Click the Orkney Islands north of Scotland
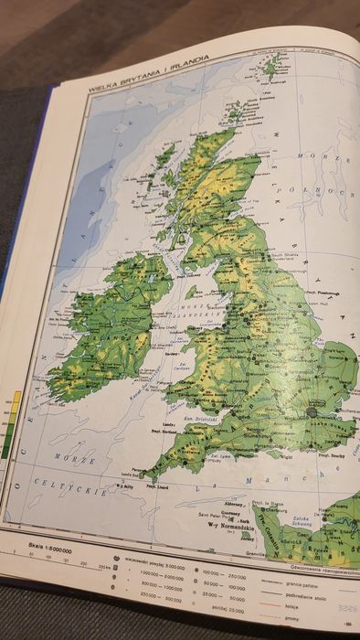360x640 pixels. pyautogui.click(x=238, y=112)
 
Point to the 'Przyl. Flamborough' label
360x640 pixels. pyautogui.click(x=310, y=271)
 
